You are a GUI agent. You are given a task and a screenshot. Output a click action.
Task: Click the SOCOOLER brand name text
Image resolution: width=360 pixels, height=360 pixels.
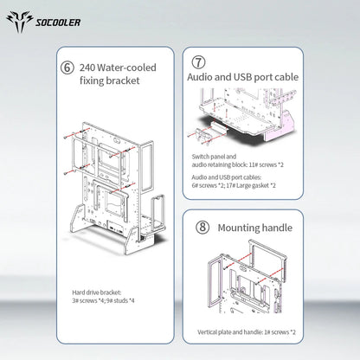58,22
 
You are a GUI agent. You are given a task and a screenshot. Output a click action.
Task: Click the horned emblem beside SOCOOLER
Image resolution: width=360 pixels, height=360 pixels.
20,22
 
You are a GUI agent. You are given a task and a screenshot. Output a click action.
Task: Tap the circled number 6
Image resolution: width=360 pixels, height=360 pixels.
67,68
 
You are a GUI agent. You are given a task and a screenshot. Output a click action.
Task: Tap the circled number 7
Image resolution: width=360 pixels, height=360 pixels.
198,62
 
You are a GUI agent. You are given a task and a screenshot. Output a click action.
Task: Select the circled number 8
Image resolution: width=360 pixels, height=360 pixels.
202,228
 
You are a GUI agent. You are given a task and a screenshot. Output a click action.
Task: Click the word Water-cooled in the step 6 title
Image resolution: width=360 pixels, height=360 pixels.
126,67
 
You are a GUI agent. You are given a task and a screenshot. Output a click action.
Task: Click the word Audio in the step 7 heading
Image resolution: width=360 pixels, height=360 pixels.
199,77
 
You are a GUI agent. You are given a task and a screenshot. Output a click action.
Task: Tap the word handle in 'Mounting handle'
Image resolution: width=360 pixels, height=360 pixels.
278,228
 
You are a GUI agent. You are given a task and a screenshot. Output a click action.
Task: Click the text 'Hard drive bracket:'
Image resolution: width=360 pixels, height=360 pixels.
97,292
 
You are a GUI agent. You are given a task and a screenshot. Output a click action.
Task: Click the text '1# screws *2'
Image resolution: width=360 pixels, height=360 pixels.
280,332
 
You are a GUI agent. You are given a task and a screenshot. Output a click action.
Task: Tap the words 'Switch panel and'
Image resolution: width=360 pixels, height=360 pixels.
214,157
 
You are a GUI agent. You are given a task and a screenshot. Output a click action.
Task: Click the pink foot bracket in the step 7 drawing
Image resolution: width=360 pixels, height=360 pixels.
280,126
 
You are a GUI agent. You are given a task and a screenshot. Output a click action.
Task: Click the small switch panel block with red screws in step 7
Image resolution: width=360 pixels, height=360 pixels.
203,135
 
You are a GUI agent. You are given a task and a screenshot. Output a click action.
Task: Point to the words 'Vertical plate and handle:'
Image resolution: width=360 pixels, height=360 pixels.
230,332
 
